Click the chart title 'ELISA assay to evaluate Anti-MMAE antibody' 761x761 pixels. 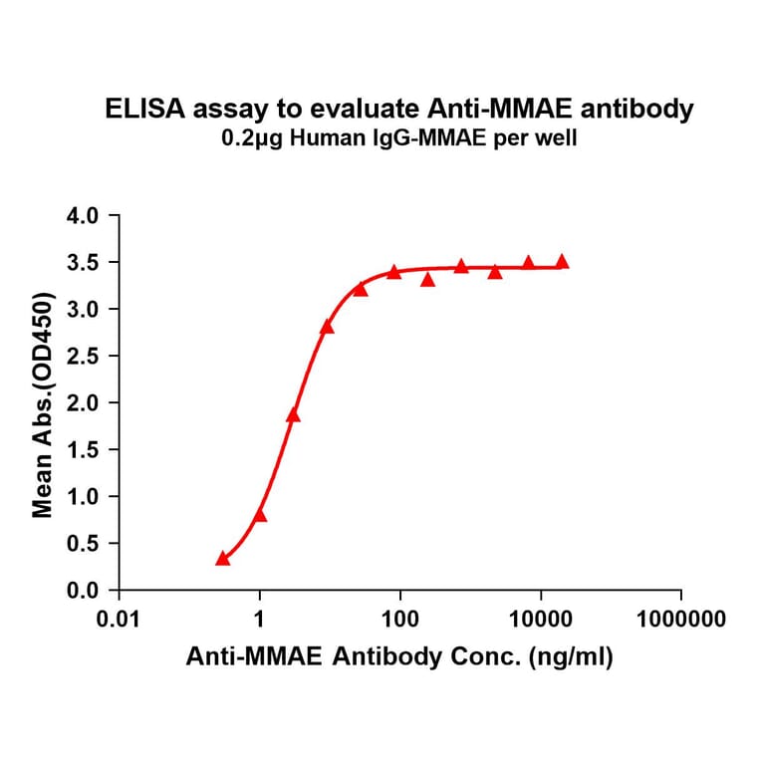click(x=399, y=110)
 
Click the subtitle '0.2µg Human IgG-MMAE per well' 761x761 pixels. click(x=399, y=139)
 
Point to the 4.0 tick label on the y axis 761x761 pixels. click(x=82, y=215)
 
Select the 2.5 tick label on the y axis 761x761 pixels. click(x=82, y=356)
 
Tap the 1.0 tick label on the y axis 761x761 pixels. click(x=82, y=496)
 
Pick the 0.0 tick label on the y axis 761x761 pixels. click(x=82, y=590)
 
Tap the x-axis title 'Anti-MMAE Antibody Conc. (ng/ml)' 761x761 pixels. click(x=399, y=656)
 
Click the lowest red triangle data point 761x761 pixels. click(x=223, y=559)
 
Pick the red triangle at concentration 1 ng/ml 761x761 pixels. click(x=260, y=515)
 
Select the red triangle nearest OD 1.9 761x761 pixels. click(x=293, y=414)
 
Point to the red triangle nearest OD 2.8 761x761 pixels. click(x=327, y=327)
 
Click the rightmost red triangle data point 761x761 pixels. click(x=562, y=262)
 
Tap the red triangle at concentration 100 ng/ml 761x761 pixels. click(x=394, y=272)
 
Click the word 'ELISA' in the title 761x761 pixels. click(x=135, y=110)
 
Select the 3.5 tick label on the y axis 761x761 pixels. click(x=82, y=262)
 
